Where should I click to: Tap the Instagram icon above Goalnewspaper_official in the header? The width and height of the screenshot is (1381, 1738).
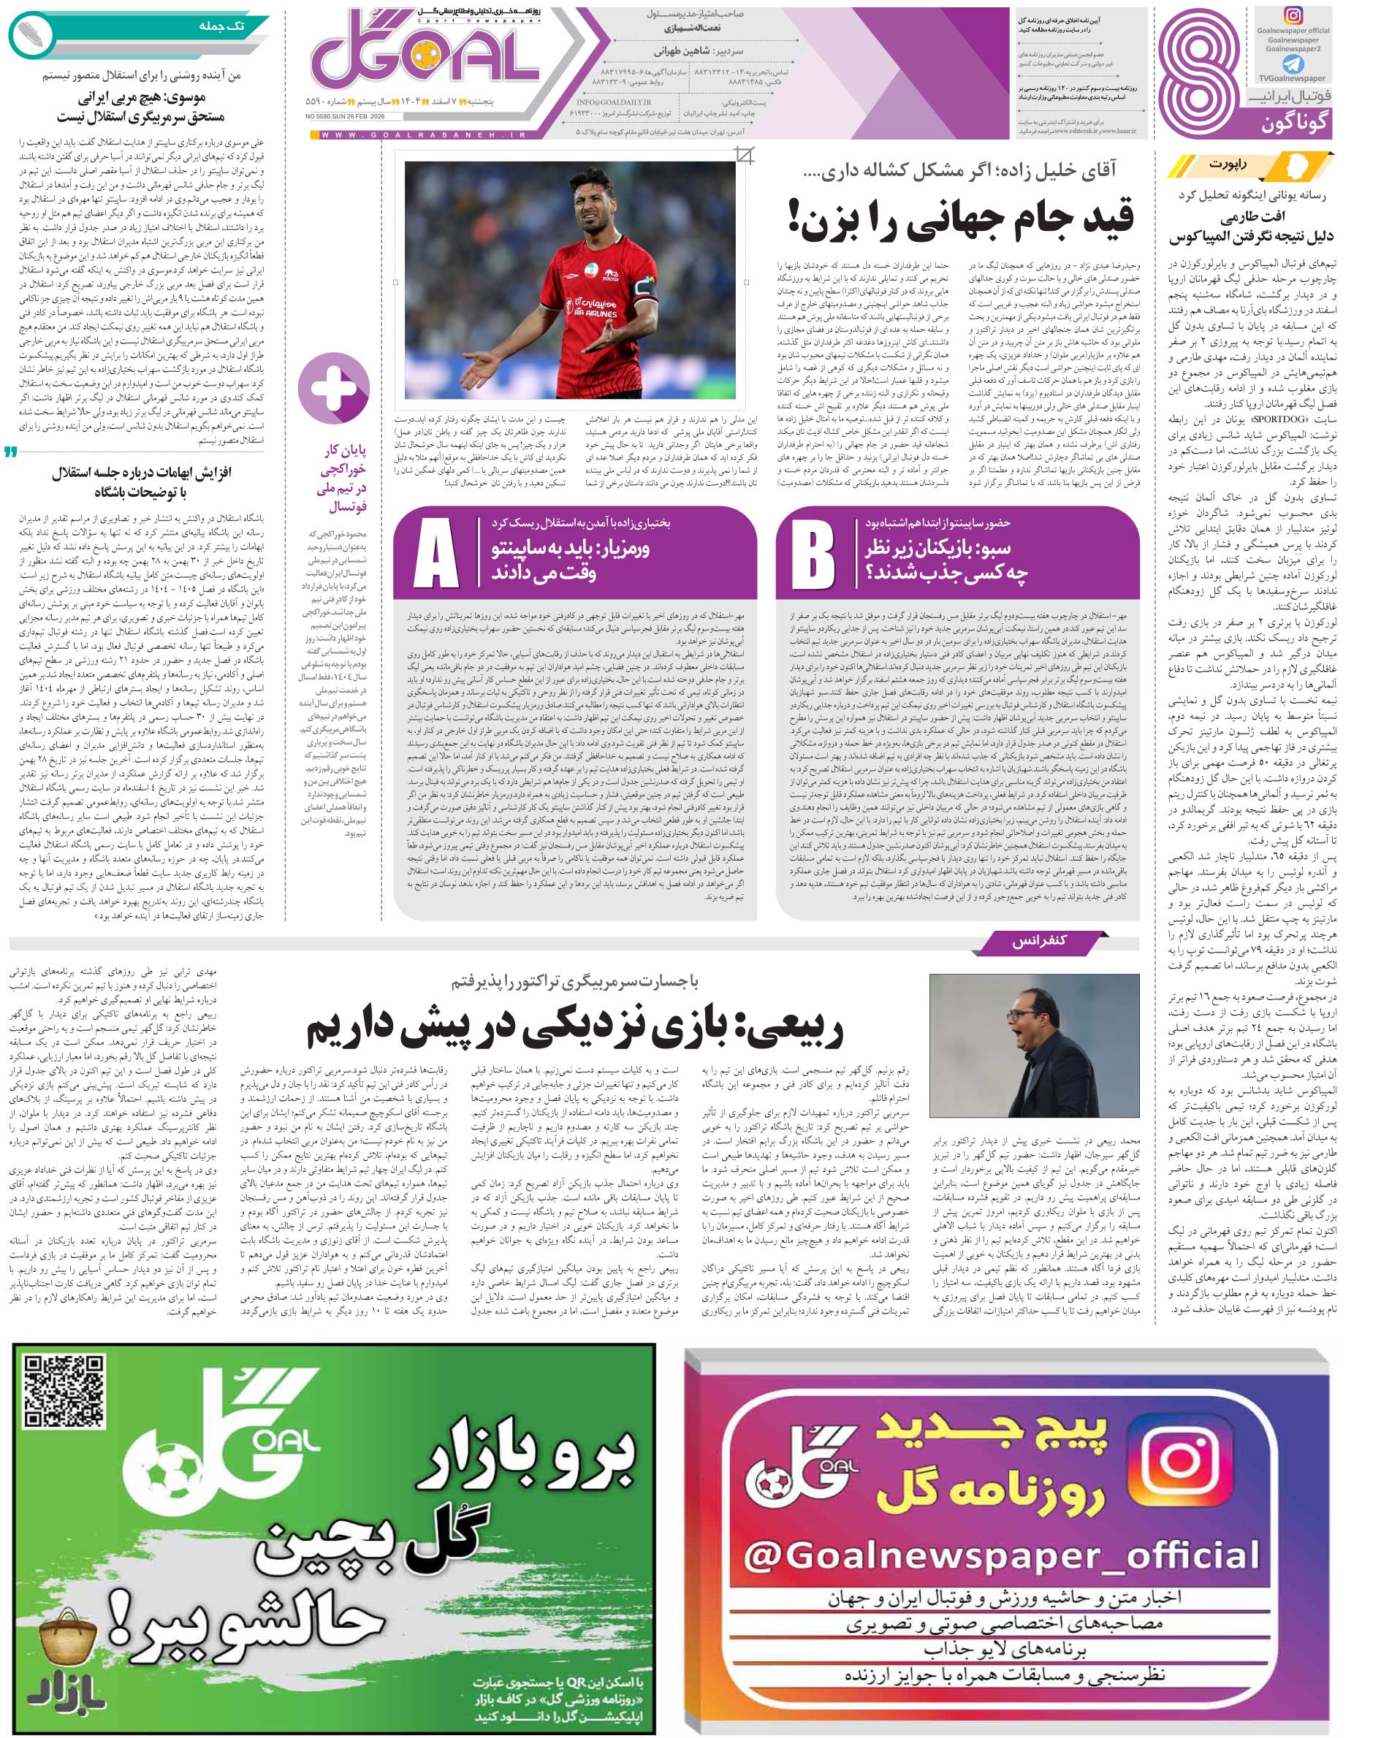click(1293, 16)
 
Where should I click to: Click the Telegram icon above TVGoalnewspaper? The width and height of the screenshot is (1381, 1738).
click(1293, 64)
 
